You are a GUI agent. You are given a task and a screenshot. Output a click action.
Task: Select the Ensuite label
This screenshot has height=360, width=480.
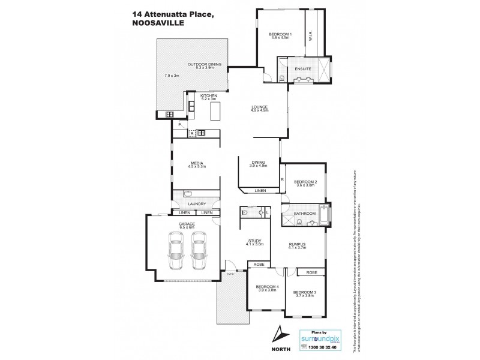pyautogui.click(x=302, y=69)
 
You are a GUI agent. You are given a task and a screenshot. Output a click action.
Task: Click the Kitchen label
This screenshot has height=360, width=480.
pyautogui.click(x=208, y=96)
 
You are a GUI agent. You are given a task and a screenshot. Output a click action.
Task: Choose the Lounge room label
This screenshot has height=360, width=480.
pyautogui.click(x=259, y=107)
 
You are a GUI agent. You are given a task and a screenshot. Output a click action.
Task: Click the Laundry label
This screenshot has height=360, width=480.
pyautogui.click(x=196, y=204)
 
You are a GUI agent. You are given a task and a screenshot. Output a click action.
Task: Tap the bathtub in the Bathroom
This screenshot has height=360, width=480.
pyautogui.click(x=325, y=214)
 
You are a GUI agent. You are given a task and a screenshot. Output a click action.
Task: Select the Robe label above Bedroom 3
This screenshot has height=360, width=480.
pyautogui.click(x=311, y=273)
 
